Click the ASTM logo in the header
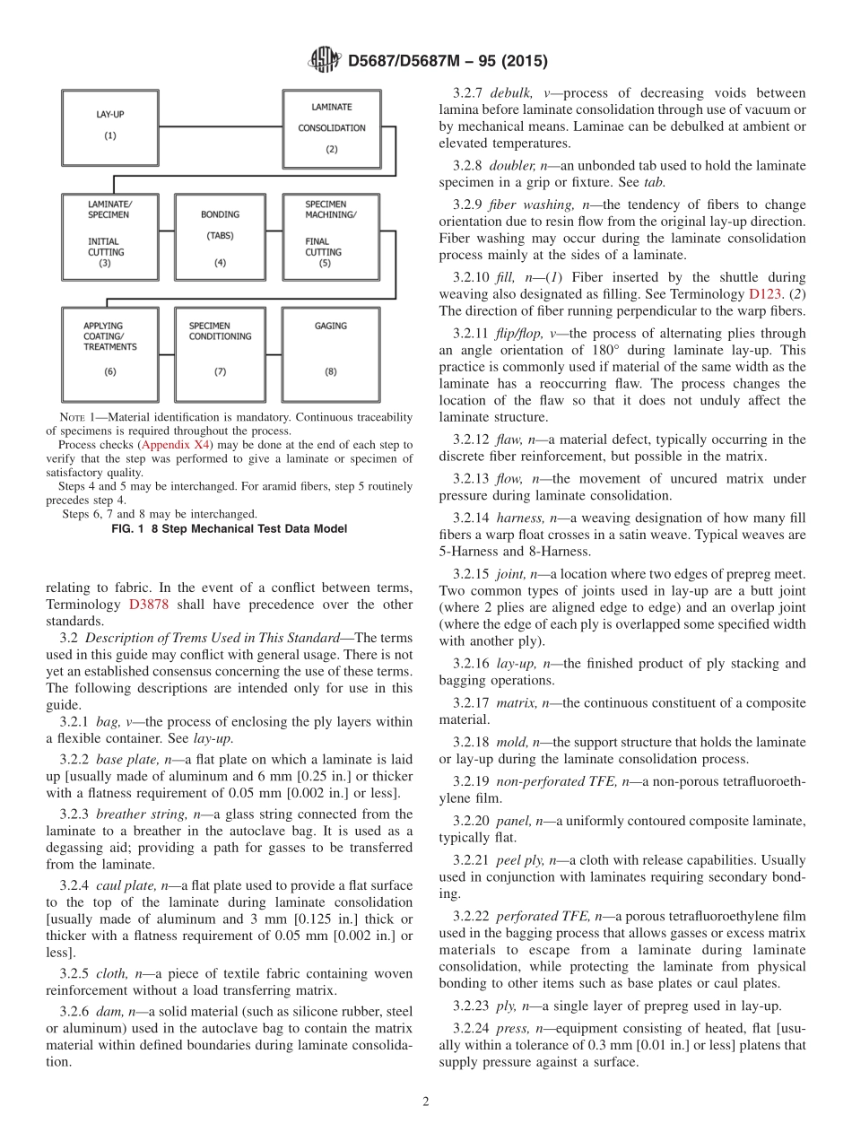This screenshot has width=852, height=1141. pyautogui.click(x=324, y=60)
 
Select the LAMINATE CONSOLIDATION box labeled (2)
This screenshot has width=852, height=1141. pyautogui.click(x=331, y=127)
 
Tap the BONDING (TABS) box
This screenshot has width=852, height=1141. pyautogui.click(x=220, y=238)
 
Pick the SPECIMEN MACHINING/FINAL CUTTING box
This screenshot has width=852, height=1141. pyautogui.click(x=330, y=238)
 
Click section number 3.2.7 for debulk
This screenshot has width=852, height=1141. pyautogui.click(x=468, y=93)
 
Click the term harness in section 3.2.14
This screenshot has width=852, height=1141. pyautogui.click(x=519, y=518)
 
